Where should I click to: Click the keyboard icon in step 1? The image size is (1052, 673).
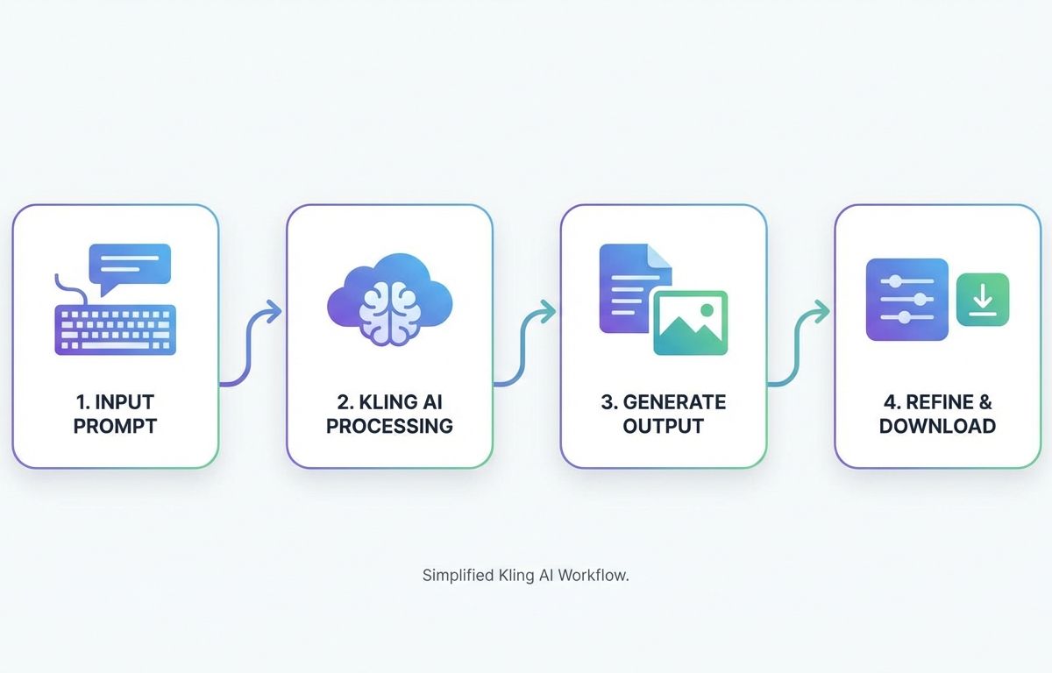116,330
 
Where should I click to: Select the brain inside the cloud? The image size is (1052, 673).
389,314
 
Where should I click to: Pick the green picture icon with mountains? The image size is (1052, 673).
691,322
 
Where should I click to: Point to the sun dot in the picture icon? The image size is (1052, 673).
707,310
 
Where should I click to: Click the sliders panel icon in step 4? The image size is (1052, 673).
907,300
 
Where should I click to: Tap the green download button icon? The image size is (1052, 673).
983,300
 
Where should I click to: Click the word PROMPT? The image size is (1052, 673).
115,426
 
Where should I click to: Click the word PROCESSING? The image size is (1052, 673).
389,426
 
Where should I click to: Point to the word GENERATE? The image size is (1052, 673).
674,402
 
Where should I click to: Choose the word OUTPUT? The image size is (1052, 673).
663,426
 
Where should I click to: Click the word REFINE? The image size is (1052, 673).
933,402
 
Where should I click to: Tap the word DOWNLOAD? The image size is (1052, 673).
937,426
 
